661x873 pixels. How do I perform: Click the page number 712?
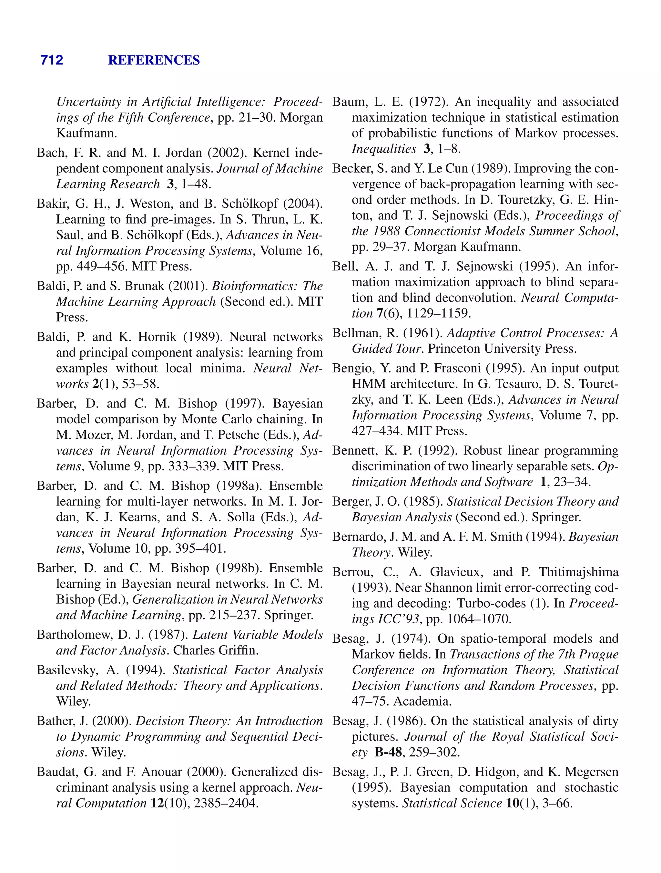coord(52,60)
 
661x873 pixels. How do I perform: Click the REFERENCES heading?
coord(154,60)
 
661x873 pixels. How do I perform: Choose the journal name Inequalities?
coord(383,149)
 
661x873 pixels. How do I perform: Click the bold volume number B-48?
coord(388,752)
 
